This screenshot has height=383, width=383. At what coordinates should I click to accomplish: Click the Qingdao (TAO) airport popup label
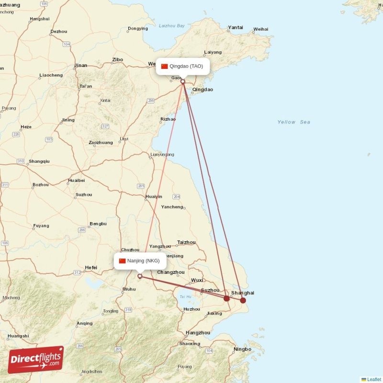pos(183,66)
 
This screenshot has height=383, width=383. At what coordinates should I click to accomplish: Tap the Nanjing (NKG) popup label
pos(140,260)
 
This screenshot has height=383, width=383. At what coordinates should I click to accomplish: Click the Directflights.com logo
pos(35,360)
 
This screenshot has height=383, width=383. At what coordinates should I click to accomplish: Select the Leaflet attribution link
pos(374,379)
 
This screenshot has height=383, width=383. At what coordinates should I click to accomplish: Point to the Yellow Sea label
pos(293,122)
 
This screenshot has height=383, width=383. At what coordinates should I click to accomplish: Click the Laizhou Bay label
pos(171,26)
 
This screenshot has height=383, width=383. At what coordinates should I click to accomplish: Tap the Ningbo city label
pos(242,349)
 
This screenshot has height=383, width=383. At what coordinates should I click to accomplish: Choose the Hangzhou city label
pos(198,333)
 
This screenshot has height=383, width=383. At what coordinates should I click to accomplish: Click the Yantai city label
pos(235,27)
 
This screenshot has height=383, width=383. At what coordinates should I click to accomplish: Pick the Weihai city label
pos(260,29)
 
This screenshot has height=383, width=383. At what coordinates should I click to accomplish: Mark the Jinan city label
pos(80,66)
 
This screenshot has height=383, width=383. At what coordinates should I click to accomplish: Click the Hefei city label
pos(90,268)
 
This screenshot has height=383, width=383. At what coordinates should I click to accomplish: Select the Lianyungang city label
pos(162,155)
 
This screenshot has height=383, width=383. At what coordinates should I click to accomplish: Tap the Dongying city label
pos(138,28)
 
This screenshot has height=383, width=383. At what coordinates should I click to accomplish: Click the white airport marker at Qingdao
pos(182,81)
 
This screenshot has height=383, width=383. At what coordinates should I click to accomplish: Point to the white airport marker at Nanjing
pos(140,276)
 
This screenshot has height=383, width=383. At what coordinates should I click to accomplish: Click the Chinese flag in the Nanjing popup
pos(122,260)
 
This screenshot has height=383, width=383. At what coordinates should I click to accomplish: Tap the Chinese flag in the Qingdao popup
pos(164,66)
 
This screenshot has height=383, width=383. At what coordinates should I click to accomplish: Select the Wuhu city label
pos(129,289)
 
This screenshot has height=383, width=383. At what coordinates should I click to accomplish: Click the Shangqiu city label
pos(39,161)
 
